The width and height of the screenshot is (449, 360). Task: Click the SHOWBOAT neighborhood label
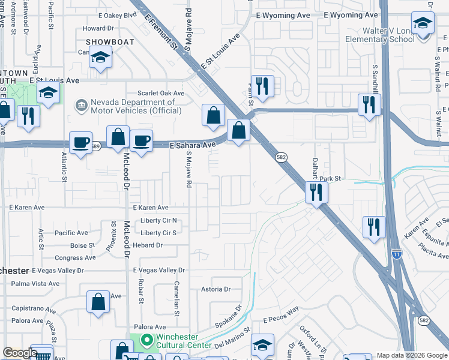(107, 41)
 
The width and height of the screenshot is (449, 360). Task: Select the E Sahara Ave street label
(192, 145)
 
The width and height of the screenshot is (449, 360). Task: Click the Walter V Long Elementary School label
(379, 35)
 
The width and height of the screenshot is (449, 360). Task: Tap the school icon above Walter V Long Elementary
(423, 25)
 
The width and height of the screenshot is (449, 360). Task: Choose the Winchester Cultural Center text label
(184, 341)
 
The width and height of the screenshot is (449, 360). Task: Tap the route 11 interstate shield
(396, 254)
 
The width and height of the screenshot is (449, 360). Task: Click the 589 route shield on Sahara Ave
(96, 146)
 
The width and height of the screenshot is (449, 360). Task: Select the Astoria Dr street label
(216, 289)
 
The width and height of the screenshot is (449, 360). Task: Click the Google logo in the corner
(19, 353)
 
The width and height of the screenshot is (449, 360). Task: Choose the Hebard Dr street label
(147, 245)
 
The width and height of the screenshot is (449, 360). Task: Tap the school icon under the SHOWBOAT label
(100, 58)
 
